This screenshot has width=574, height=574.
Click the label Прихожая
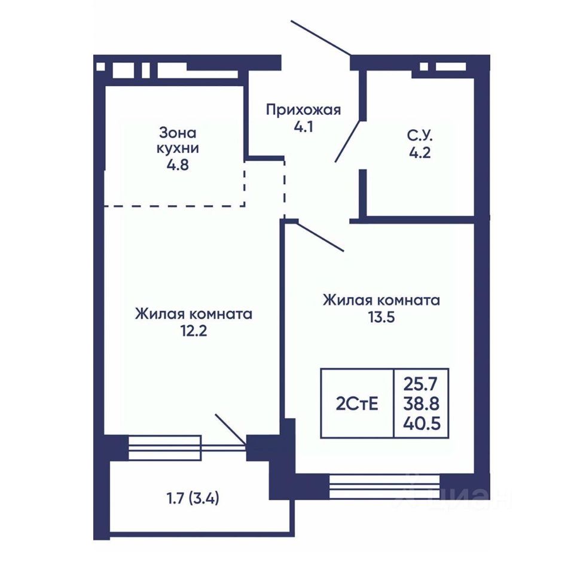click(x=303, y=110)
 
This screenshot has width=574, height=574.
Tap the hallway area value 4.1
click(x=303, y=127)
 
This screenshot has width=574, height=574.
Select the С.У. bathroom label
click(x=420, y=136)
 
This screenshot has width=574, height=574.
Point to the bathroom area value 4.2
click(x=420, y=152)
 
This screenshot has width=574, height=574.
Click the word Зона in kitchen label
click(x=178, y=133)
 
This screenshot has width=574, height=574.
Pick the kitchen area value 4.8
click(x=178, y=165)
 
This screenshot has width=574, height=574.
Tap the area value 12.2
click(x=193, y=331)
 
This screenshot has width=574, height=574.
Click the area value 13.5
click(x=381, y=317)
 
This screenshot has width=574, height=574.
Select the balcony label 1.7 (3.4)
click(x=193, y=498)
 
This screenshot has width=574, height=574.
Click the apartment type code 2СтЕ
click(x=357, y=404)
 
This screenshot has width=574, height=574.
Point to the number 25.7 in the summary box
click(x=420, y=384)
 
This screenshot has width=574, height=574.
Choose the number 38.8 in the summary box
click(x=422, y=404)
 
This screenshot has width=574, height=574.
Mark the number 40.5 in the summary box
click(x=422, y=424)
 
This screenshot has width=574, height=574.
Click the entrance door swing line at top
click(x=321, y=38)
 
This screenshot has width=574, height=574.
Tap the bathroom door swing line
click(x=348, y=141)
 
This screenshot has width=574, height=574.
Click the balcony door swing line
click(x=230, y=429)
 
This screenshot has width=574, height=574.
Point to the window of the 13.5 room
click(x=384, y=487)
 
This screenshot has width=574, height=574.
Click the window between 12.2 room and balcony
click(x=164, y=448)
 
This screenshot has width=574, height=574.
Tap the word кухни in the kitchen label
click(x=178, y=149)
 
